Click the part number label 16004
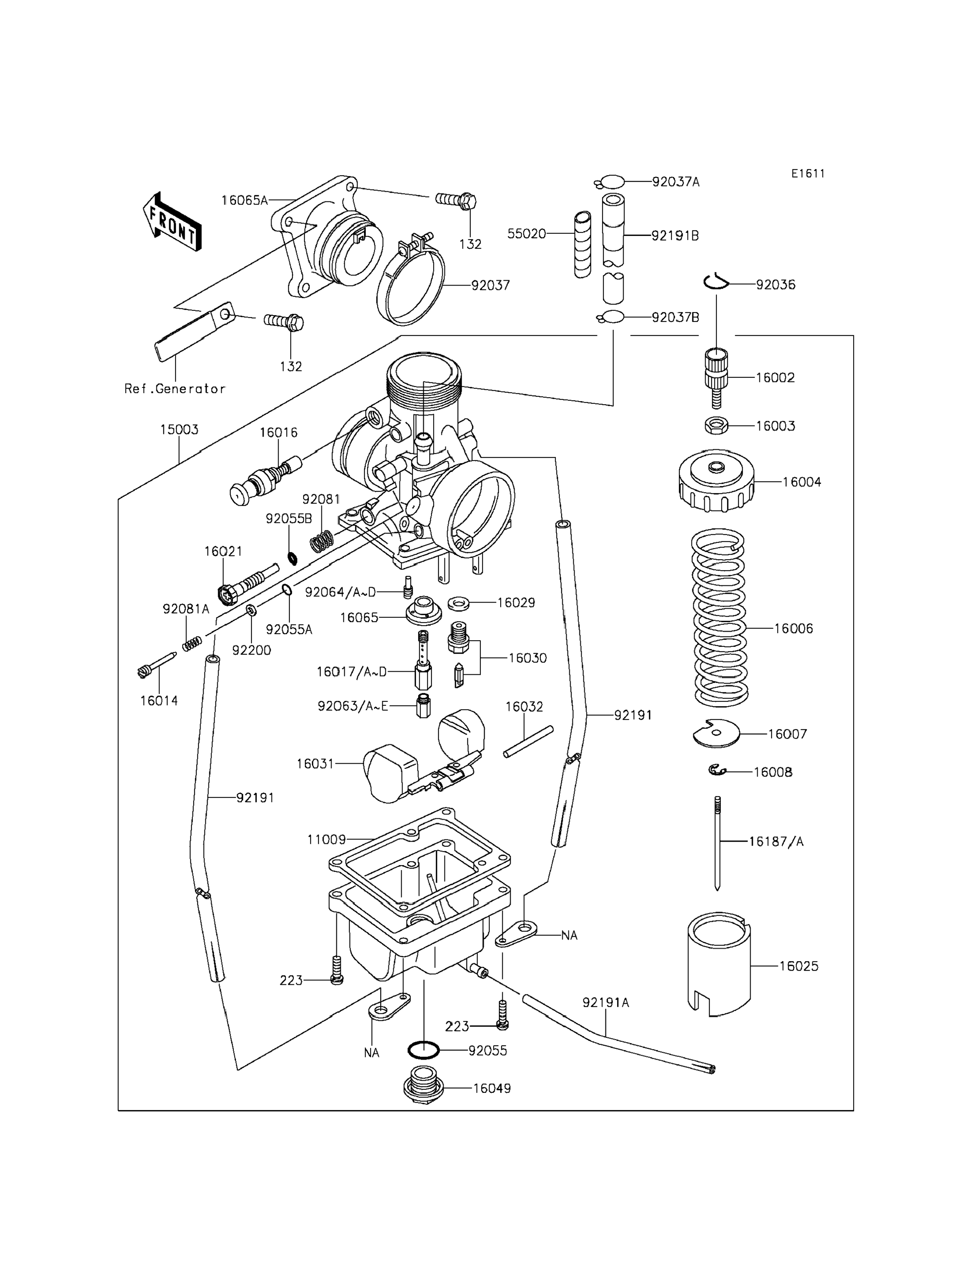pyautogui.click(x=802, y=482)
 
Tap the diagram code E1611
pyautogui.click(x=808, y=173)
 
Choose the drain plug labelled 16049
pyautogui.click(x=424, y=1084)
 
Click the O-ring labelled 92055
pyautogui.click(x=424, y=1050)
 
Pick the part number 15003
pyautogui.click(x=179, y=430)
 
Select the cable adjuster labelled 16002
pyautogui.click(x=716, y=377)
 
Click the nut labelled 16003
pyautogui.click(x=716, y=426)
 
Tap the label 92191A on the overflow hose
pyautogui.click(x=606, y=1003)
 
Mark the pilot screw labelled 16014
pyautogui.click(x=156, y=665)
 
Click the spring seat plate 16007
pyautogui.click(x=716, y=733)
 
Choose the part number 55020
pyautogui.click(x=526, y=234)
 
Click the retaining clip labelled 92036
pyautogui.click(x=716, y=282)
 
